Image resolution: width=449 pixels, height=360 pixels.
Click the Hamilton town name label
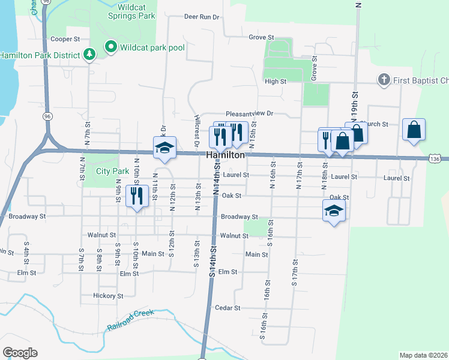(225, 155)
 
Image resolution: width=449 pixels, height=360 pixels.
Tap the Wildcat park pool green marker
(110, 46)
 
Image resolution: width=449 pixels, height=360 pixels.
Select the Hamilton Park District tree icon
(89, 55)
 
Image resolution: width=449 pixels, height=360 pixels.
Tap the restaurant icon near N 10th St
(137, 196)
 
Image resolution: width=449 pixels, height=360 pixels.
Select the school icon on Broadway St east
(334, 211)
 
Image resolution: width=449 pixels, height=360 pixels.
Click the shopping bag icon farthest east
(415, 130)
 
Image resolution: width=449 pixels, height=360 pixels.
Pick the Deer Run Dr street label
(202, 17)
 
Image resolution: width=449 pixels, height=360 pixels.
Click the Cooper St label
(65, 39)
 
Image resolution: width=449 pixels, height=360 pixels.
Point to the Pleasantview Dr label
(249, 113)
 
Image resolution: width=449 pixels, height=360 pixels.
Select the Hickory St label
(108, 296)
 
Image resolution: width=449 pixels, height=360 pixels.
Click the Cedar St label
(228, 308)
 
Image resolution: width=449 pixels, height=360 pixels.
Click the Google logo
(20, 353)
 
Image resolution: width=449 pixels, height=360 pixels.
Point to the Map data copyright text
(423, 355)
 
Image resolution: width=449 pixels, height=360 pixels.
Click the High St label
(275, 81)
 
